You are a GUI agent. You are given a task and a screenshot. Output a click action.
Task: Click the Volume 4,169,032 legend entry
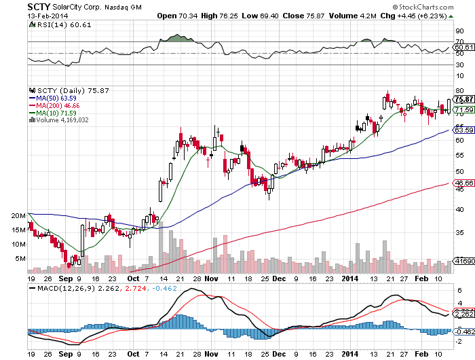tap(62, 121)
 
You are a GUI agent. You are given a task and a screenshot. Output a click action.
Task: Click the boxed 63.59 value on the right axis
tap(464, 130)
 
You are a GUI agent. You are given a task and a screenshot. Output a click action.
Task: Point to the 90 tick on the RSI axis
tap(459, 31)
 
